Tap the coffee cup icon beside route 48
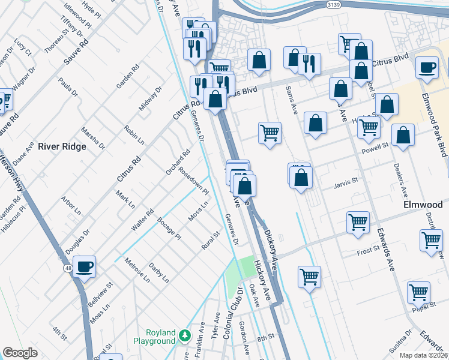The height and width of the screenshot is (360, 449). pyautogui.click(x=85, y=266)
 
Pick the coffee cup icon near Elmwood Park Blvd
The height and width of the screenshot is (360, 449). pyautogui.click(x=427, y=67)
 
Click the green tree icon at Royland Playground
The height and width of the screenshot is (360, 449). pyautogui.click(x=186, y=334)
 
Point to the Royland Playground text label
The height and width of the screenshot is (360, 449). pyautogui.click(x=160, y=337)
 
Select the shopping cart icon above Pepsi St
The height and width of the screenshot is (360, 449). pyautogui.click(x=418, y=292)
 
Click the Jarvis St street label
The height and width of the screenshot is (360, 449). pyautogui.click(x=345, y=179)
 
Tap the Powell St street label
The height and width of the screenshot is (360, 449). pyautogui.click(x=376, y=145)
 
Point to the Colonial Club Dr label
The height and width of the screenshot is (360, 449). pyautogui.click(x=233, y=313)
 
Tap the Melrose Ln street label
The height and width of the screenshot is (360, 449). pyautogui.click(x=137, y=270)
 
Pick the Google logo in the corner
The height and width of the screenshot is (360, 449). pyautogui.click(x=20, y=353)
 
